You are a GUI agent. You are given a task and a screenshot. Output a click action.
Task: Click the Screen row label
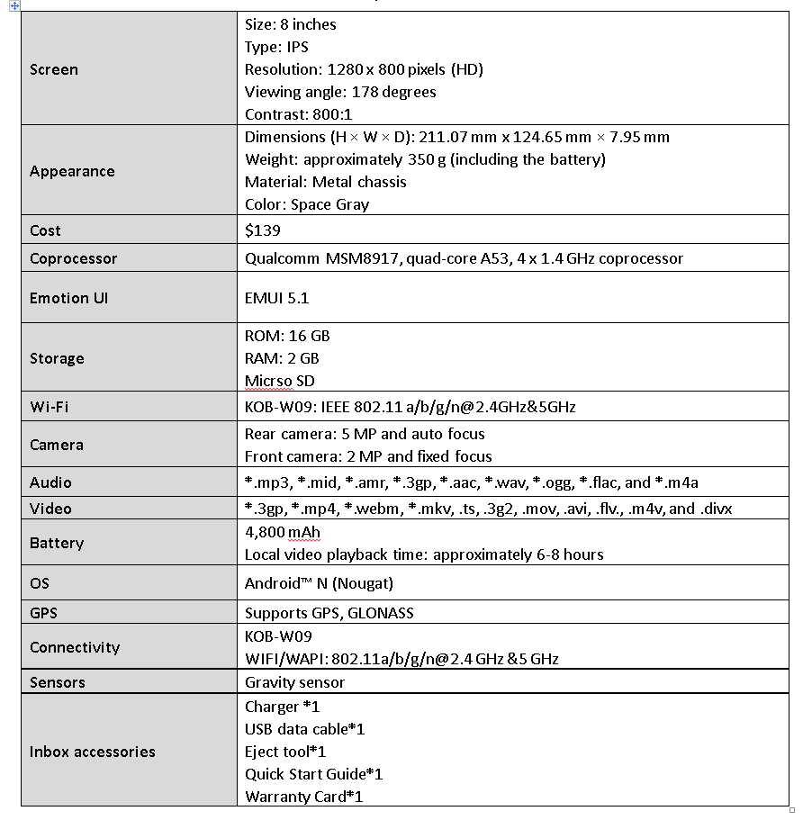(54, 69)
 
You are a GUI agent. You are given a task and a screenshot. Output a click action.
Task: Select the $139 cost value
(263, 230)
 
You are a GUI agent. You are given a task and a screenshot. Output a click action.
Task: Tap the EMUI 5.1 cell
(277, 298)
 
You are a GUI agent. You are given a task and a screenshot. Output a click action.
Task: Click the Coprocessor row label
(74, 258)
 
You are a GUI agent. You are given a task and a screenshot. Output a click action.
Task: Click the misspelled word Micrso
(267, 381)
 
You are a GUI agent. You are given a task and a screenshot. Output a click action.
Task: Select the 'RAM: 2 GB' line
(282, 358)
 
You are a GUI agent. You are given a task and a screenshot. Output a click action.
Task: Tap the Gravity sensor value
(294, 682)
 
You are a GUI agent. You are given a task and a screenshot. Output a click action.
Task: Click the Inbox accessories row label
(93, 752)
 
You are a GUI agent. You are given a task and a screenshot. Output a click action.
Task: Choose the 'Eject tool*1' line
(285, 752)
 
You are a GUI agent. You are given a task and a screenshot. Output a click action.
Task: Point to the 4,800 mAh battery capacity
(283, 532)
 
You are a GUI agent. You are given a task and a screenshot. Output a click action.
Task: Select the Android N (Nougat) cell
(319, 583)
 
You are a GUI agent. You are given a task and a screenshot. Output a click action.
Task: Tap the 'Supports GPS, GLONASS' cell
(329, 613)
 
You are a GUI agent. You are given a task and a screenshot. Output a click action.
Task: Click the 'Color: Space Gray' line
(307, 204)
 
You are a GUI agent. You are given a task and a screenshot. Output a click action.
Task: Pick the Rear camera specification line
(365, 434)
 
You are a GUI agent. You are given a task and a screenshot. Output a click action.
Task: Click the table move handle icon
(14, 5)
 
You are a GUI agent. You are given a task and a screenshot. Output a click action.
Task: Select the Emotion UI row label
(68, 298)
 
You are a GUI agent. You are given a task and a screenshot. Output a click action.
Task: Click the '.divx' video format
(716, 509)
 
